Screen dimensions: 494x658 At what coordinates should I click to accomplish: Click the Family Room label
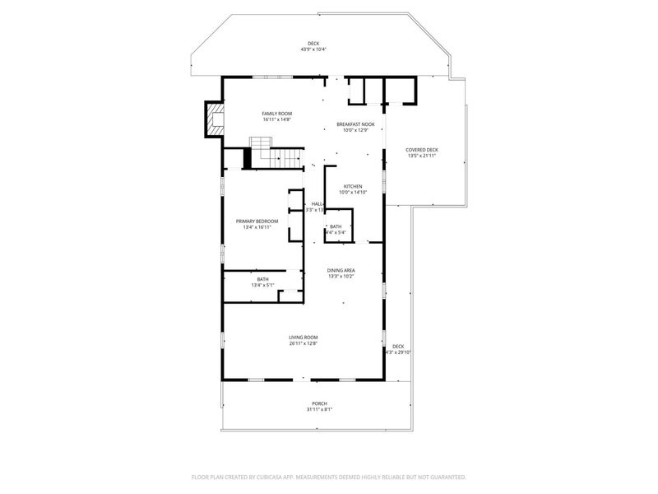[277, 114]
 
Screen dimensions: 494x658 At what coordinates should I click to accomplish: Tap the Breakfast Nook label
[354, 124]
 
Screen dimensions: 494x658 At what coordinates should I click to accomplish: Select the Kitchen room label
[353, 186]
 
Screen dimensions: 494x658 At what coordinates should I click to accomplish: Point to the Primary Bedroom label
[257, 221]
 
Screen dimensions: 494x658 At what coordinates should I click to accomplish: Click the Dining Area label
[341, 270]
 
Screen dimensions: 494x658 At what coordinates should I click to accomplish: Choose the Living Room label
[303, 338]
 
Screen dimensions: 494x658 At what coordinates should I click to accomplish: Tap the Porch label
[319, 403]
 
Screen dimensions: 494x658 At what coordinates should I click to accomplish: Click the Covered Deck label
[421, 150]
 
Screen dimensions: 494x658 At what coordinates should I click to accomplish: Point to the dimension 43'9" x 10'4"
[313, 50]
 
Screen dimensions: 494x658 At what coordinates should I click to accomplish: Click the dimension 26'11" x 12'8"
[303, 343]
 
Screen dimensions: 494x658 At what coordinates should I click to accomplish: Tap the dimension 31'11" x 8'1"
[319, 409]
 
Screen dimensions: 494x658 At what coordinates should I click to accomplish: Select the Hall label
[317, 204]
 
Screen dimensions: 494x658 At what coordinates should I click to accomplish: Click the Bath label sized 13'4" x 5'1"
[262, 279]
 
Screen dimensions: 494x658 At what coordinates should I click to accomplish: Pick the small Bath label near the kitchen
[336, 226]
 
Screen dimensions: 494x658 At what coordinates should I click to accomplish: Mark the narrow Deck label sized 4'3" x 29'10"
[398, 346]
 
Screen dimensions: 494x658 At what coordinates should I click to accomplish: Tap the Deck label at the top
[313, 44]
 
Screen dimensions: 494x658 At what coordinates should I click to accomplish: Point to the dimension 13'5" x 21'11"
[421, 156]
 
